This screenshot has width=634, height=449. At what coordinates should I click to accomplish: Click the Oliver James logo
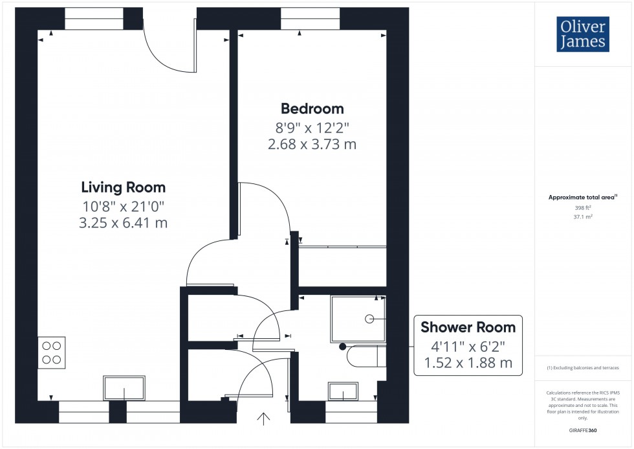582,34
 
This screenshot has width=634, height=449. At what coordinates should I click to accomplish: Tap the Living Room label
123,188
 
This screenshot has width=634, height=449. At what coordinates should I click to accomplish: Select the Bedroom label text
312,108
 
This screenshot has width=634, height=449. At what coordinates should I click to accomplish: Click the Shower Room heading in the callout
468,327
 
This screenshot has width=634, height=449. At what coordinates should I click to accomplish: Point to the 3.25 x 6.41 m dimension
123,223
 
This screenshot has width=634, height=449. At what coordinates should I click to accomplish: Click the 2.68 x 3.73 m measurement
312,144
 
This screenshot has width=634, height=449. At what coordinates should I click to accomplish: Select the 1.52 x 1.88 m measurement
468,363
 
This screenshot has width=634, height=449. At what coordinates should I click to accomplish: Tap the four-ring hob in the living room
52,352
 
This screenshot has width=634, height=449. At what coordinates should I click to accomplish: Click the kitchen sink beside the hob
125,388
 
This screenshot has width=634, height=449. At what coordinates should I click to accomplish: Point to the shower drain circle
369,319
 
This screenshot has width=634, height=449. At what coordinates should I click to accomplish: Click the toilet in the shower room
366,356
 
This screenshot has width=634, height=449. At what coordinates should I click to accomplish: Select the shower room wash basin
343,391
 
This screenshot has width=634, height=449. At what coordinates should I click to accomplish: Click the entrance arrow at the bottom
264,419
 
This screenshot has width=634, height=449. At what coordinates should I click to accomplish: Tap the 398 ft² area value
583,208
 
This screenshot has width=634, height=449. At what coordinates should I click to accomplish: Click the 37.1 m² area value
583,218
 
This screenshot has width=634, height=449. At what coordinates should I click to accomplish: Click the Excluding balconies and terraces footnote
583,367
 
